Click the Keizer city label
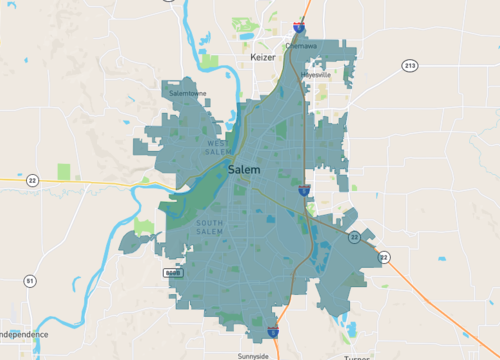tap(263, 58)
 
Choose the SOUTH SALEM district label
tap(209, 227)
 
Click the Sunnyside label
tap(253, 355)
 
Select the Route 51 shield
tap(30, 281)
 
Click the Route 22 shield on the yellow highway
tap(33, 180)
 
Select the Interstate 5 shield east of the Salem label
tap(303, 188)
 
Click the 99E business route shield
tap(172, 271)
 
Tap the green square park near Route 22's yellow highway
tap(64, 171)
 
